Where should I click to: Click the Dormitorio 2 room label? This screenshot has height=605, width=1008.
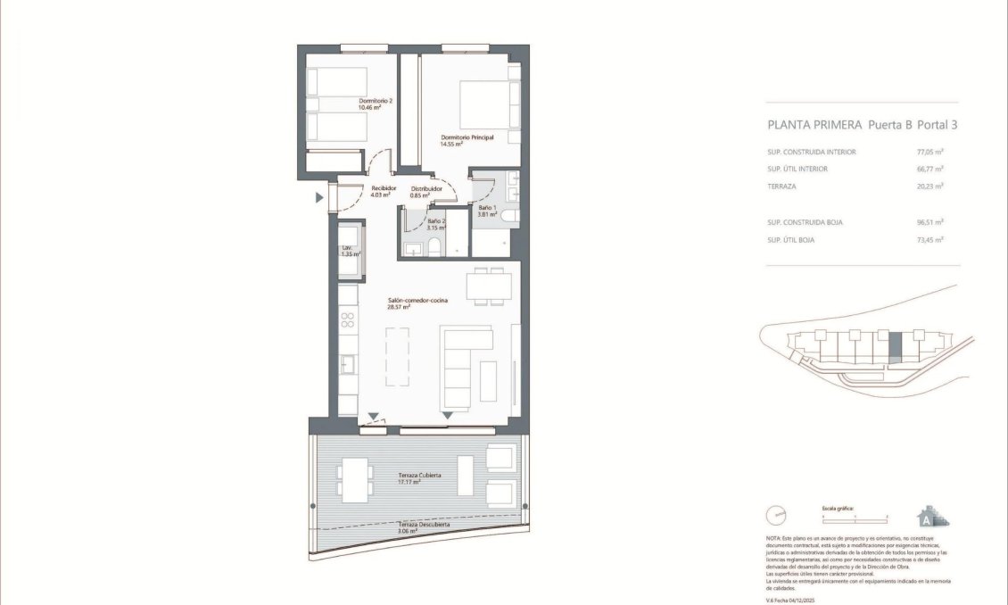pos(376,102)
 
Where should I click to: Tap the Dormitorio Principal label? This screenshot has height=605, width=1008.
pos(467,137)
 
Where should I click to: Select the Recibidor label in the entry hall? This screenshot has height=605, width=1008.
pos(383,188)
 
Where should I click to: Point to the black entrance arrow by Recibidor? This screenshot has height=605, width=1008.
pos(319,198)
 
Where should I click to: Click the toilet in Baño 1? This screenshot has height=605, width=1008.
pos(505,215)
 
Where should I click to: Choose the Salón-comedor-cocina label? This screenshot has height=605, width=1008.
pos(417,301)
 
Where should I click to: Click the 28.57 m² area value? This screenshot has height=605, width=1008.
pos(399,308)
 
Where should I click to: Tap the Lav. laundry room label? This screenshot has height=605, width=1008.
pos(347,248)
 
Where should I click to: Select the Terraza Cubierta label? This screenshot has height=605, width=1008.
pos(419,477)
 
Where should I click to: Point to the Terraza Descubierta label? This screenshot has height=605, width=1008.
pos(424,525)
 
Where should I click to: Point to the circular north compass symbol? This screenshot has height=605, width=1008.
pos(778,516)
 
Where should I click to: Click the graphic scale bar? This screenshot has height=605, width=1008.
pos(855,517)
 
